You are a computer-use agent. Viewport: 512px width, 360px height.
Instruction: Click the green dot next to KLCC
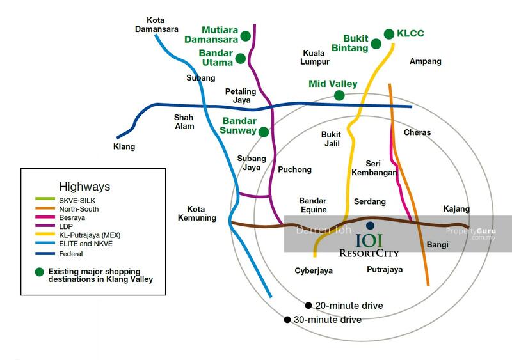[389, 33]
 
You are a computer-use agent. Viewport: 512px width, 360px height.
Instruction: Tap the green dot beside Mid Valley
[339, 95]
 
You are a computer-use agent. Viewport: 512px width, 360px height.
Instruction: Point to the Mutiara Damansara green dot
[245, 36]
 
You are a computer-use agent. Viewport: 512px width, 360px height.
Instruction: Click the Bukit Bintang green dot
[376, 43]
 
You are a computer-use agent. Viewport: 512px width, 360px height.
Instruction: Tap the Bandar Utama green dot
[240, 58]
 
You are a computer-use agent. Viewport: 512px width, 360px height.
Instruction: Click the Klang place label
[124, 147]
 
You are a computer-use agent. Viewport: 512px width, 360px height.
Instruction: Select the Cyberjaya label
[314, 270]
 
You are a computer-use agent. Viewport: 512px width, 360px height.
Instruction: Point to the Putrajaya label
[385, 270]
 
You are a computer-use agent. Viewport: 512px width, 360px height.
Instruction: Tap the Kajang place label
[456, 209]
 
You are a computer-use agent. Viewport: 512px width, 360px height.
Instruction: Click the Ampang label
[426, 61]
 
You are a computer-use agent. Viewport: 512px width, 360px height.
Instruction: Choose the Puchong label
[294, 169]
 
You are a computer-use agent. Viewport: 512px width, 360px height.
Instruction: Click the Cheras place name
[417, 133]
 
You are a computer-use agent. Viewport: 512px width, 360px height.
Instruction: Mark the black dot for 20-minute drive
[308, 306]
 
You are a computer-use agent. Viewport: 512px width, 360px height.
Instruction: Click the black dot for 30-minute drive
[287, 319]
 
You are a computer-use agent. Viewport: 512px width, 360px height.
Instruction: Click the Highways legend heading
[84, 187]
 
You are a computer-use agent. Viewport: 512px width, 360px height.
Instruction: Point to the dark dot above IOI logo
[371, 225]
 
